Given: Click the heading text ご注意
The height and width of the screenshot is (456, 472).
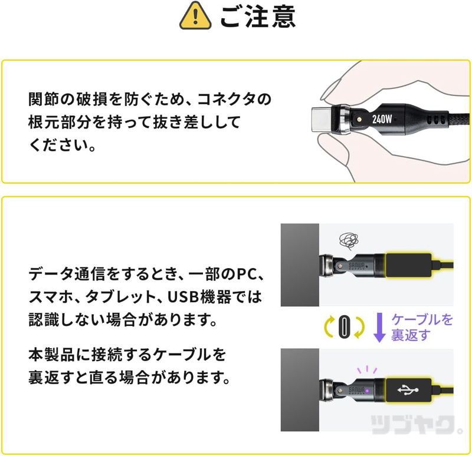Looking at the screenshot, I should coord(257,16).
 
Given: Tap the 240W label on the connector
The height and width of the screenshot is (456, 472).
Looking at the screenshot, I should coord(382,118).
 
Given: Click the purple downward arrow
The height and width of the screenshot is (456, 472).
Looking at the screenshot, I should coord(380,328).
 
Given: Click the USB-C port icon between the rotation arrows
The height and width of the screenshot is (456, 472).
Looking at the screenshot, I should coord(344,328).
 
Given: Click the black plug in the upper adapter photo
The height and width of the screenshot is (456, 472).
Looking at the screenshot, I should coord(408,265).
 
